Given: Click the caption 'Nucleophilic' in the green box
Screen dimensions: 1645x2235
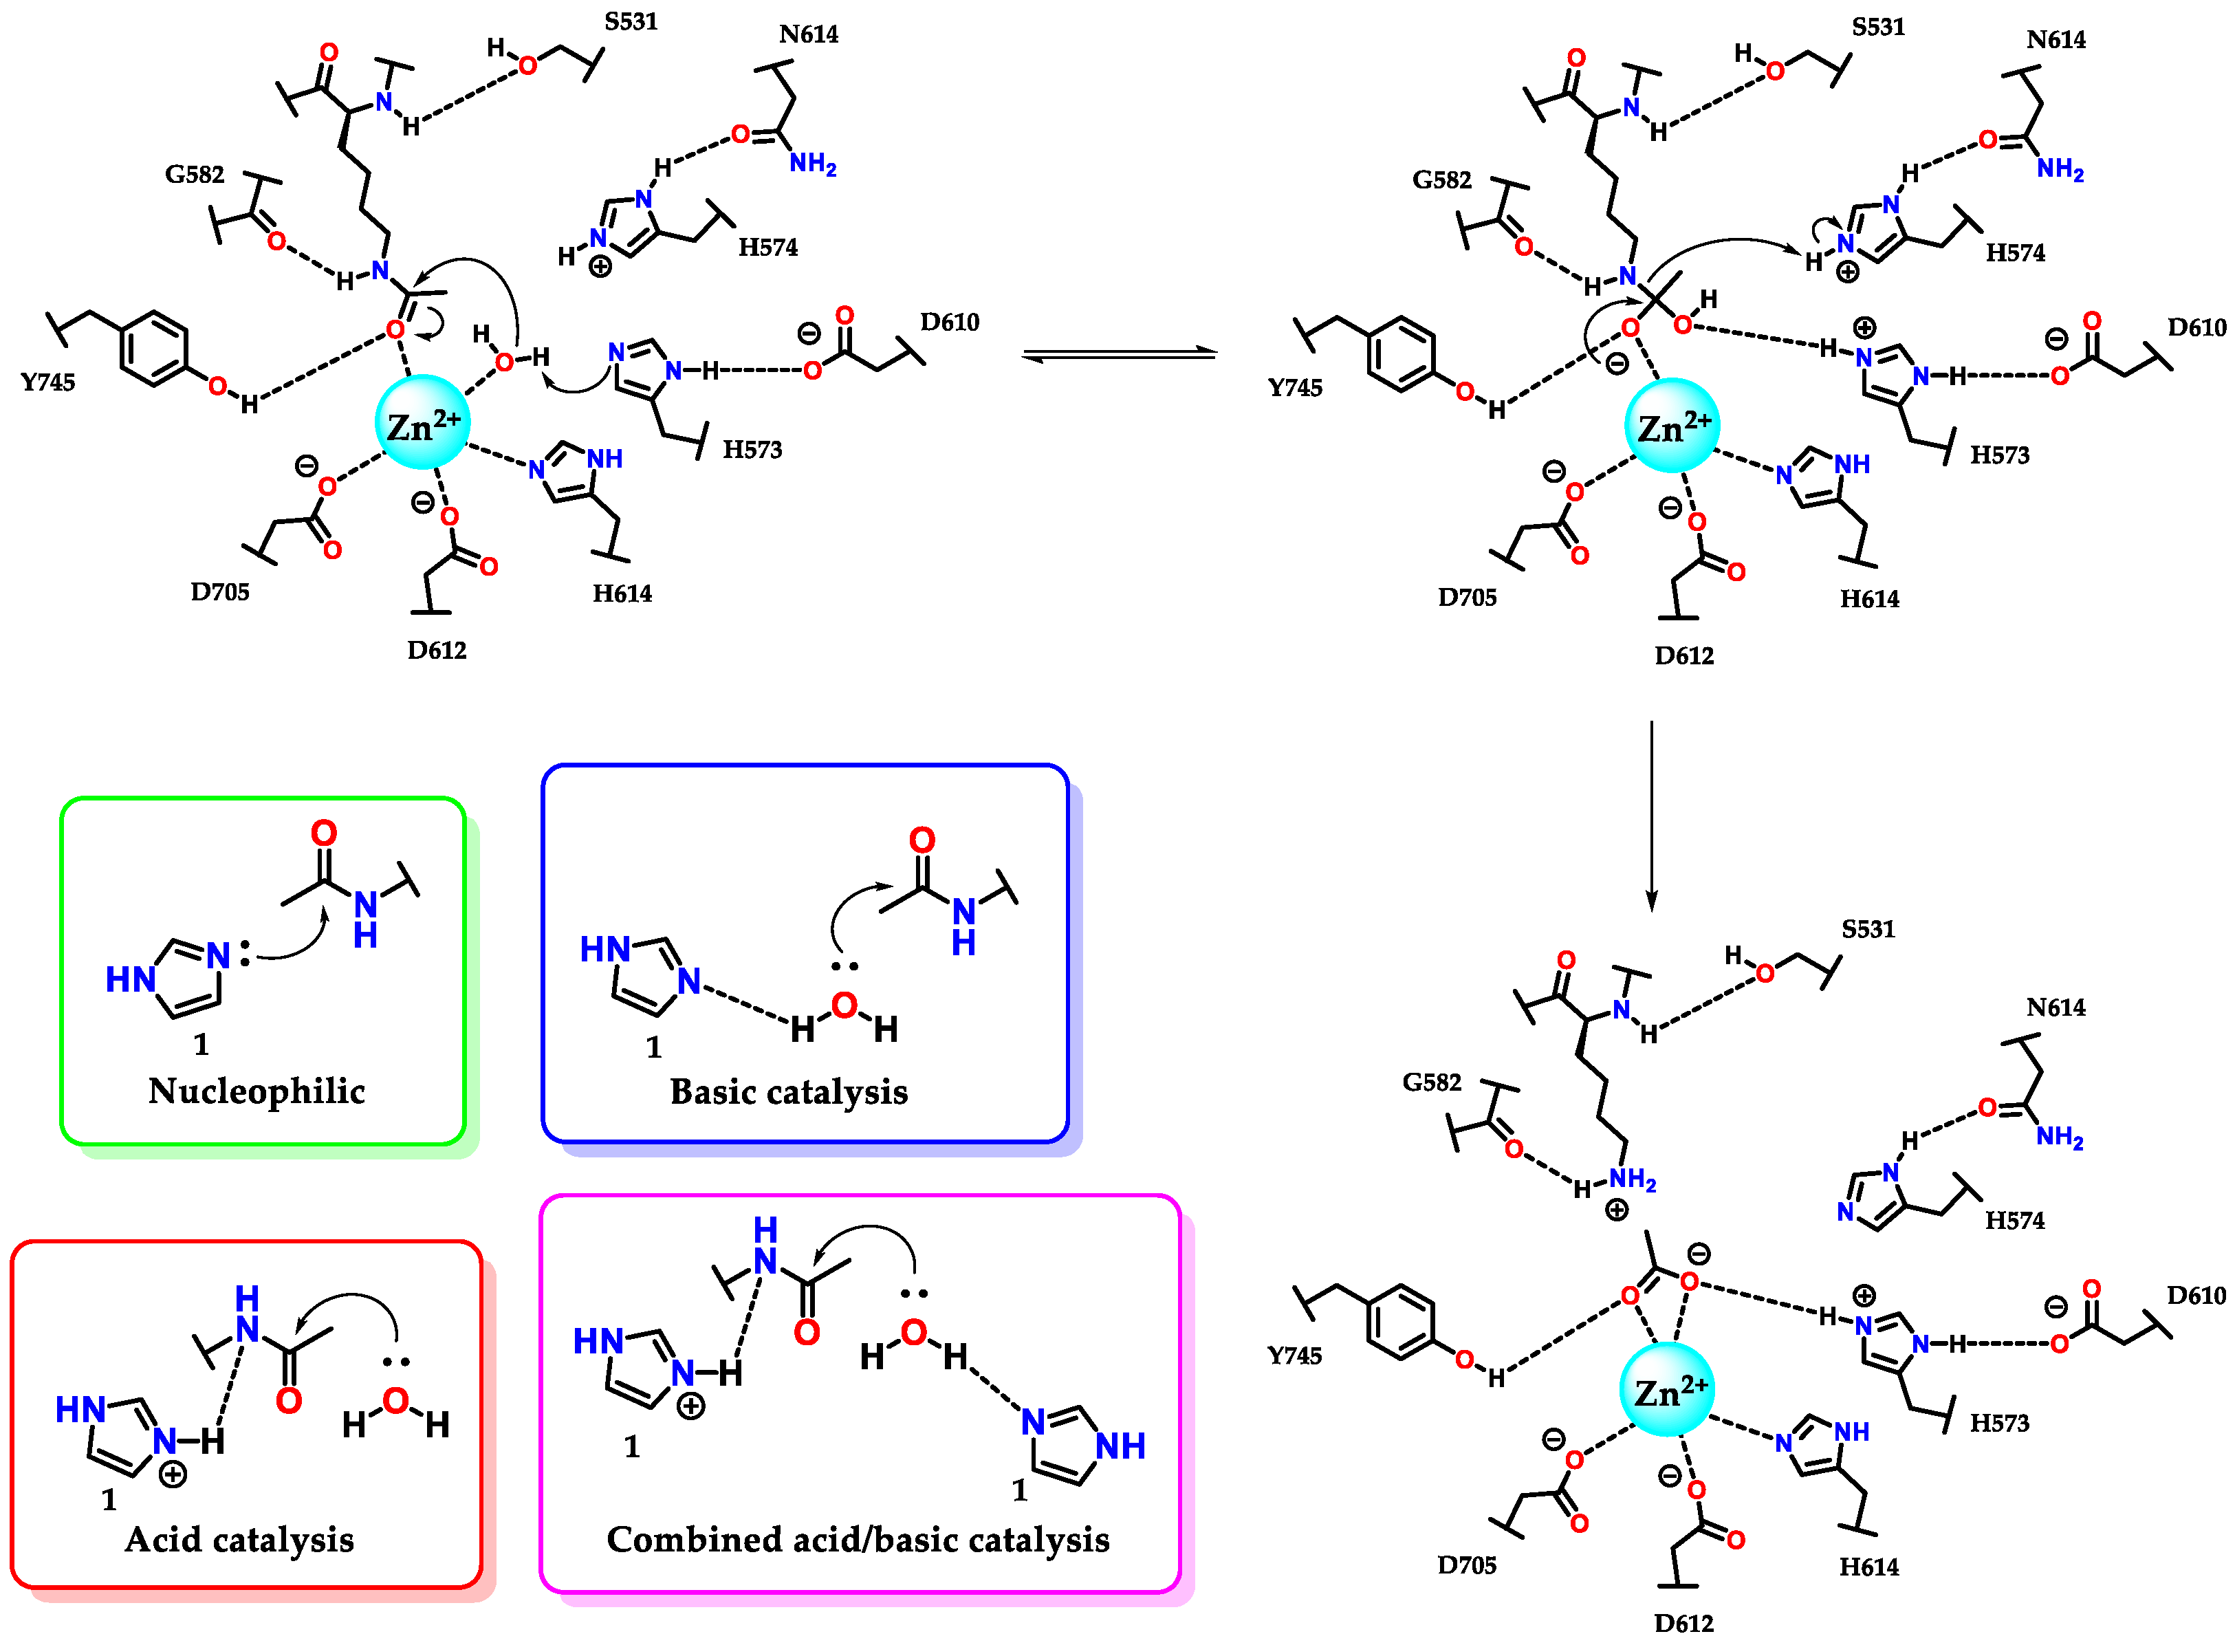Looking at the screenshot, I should [256, 1091].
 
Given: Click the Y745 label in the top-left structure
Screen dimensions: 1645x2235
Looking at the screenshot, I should [47, 382].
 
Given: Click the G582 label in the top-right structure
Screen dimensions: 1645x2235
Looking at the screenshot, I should [1441, 180].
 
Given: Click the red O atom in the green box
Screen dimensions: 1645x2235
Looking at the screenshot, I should [323, 832].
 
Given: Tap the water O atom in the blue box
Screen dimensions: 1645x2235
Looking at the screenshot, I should [844, 1005].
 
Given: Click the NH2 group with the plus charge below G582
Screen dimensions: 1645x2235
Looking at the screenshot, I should [1632, 1180].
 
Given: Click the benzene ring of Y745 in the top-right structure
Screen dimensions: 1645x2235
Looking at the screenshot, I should [1401, 353].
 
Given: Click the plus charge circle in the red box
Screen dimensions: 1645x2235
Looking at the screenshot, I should [173, 1474].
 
